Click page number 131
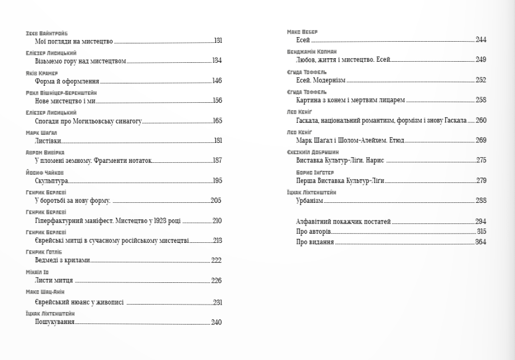[218, 41]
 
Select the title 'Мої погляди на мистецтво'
[71, 41]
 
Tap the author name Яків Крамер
[42, 73]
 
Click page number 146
[216, 81]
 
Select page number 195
[217, 181]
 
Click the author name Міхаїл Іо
[38, 273]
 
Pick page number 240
[216, 322]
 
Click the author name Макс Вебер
[302, 31]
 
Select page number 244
[481, 39]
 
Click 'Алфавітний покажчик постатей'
[343, 222]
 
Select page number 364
[480, 242]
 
